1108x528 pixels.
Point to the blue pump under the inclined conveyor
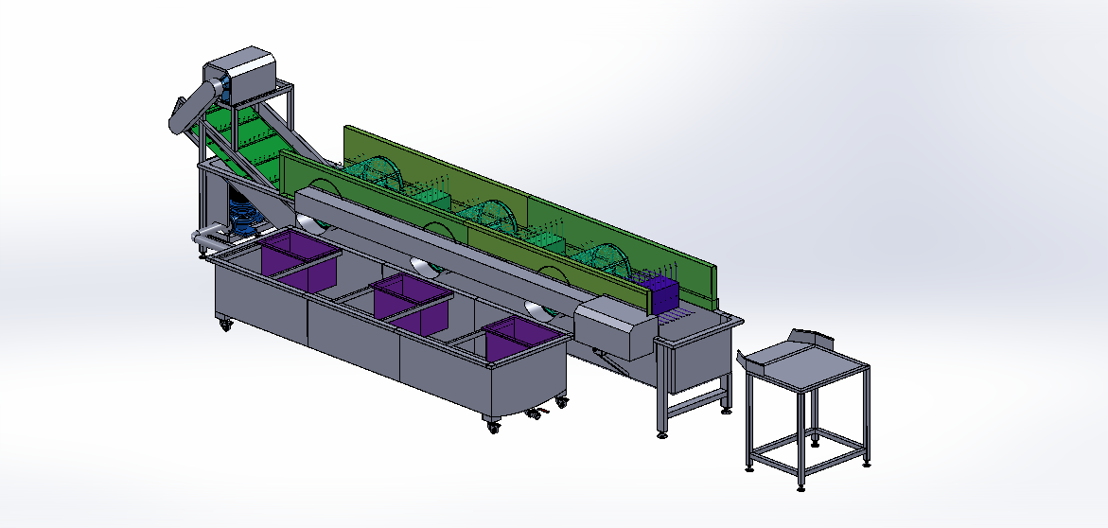click(244, 217)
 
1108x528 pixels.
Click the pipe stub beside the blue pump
click(203, 236)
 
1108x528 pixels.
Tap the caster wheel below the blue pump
click(226, 325)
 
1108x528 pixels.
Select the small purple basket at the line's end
click(660, 294)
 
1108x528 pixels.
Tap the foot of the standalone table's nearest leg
click(801, 486)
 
